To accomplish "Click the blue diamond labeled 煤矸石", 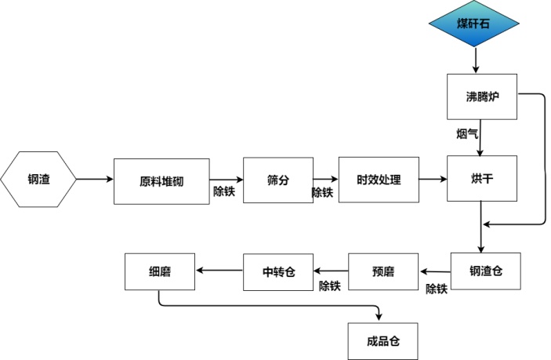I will (x=473, y=24).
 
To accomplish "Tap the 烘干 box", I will (x=480, y=179).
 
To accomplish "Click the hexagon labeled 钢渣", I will (x=39, y=179).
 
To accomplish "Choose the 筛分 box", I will (x=277, y=180).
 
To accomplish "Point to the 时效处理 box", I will (x=379, y=180).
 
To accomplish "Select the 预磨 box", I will (x=383, y=272).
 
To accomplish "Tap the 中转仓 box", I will (x=277, y=271).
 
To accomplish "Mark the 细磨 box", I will (x=160, y=271).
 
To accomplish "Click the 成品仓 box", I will (x=383, y=341).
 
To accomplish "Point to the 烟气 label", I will (x=467, y=134).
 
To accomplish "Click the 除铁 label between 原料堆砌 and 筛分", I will (x=224, y=191).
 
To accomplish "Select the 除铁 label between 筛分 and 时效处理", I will (x=322, y=192).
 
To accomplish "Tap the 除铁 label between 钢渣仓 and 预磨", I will (x=436, y=289).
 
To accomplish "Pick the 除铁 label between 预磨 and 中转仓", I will (x=329, y=286).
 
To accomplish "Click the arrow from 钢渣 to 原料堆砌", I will (x=95, y=180).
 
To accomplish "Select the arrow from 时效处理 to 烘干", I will (x=433, y=180).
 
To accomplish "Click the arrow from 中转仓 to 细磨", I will (x=219, y=271).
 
